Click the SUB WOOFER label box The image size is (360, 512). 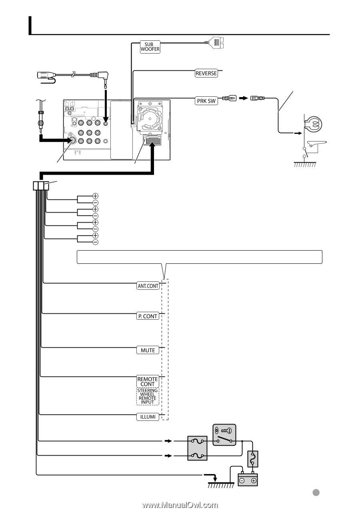[x=150, y=47]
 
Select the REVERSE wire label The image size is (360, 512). [x=206, y=73]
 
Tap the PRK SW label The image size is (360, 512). [x=206, y=101]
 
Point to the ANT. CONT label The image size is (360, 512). [x=148, y=286]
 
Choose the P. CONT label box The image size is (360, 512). [x=148, y=316]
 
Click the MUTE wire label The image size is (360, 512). [x=148, y=350]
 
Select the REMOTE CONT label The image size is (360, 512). [x=148, y=381]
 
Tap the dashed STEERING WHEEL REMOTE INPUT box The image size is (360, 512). [x=148, y=396]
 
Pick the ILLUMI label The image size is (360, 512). [x=148, y=417]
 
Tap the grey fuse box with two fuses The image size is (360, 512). [x=197, y=448]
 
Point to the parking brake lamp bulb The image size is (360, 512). [x=313, y=125]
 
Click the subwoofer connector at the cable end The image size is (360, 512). [x=214, y=42]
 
